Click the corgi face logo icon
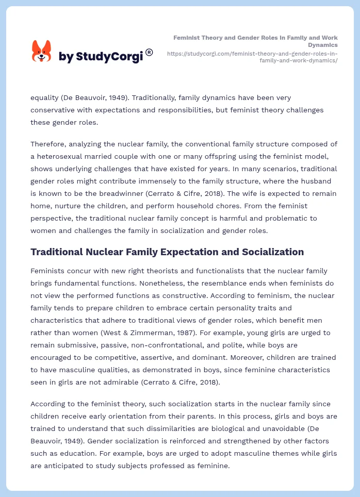point(42,52)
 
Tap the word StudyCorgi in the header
point(109,57)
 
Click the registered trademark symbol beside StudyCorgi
point(149,52)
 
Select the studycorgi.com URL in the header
point(252,57)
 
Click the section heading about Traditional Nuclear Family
point(167,252)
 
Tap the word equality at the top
point(45,97)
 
